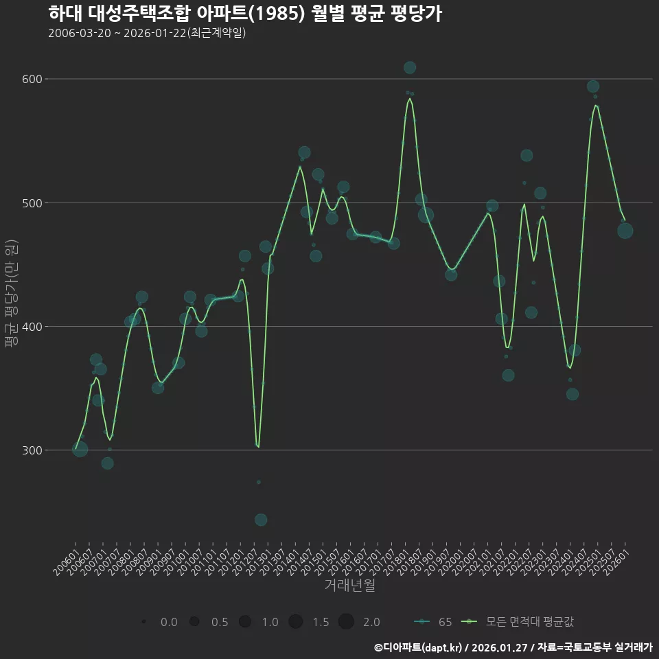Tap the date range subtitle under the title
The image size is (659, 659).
147,33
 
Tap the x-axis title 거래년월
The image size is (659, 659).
349,586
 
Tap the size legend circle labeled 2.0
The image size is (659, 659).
346,622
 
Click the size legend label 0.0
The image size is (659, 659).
169,622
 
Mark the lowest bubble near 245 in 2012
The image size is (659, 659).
261,520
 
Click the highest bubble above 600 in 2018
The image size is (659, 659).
410,67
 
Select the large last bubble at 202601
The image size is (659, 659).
625,231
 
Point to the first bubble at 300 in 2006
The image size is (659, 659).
80,449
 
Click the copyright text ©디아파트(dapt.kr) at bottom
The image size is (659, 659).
419,647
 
